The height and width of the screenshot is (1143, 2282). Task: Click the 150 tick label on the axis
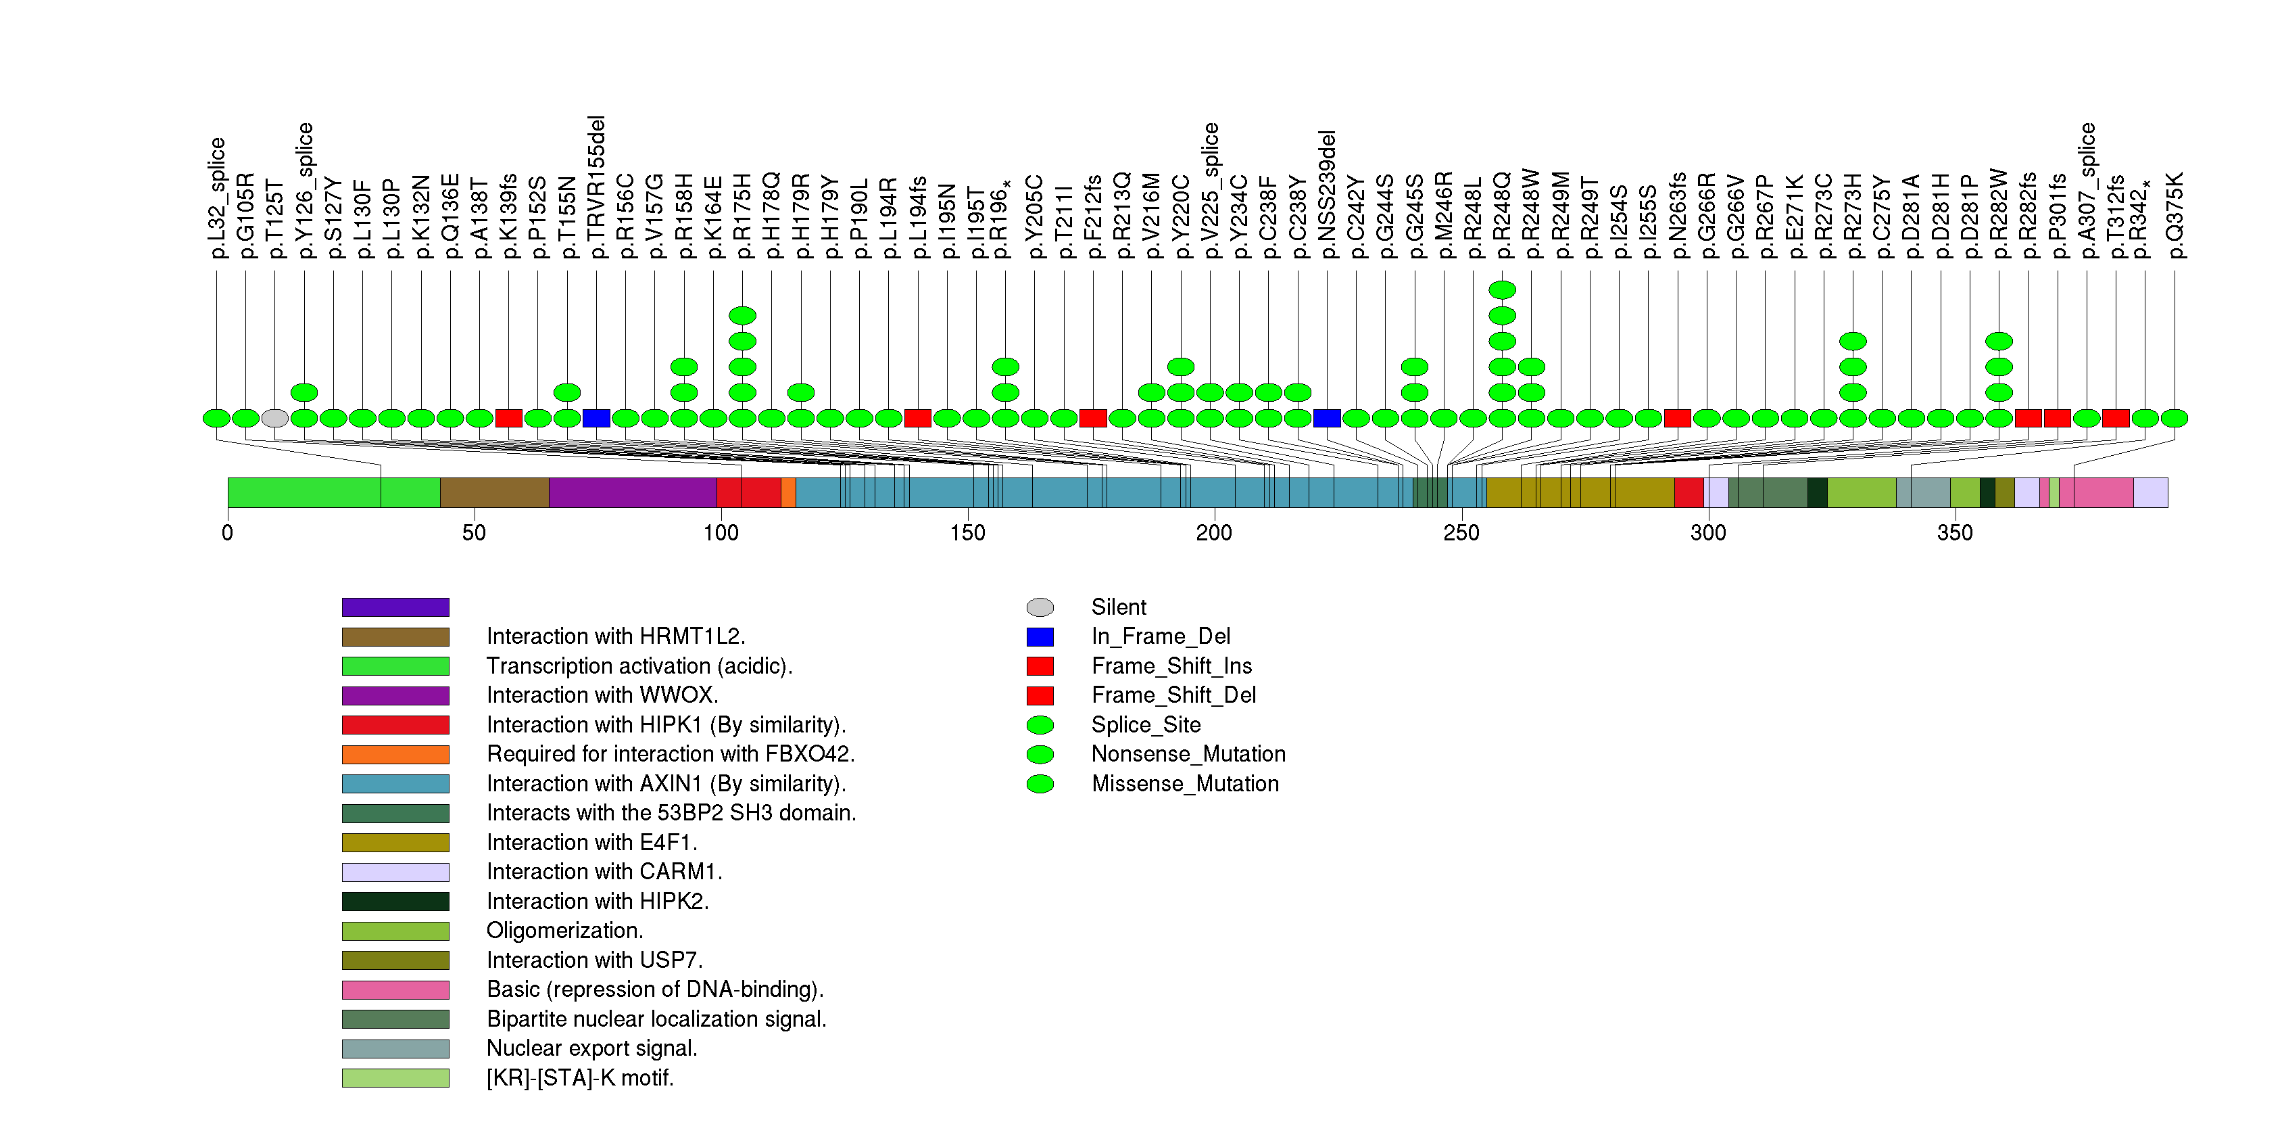click(x=967, y=532)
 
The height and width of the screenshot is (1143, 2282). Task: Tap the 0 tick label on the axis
click(x=228, y=532)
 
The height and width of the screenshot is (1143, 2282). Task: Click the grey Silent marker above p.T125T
click(x=274, y=418)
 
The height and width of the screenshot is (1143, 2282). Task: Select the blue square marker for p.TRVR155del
click(x=596, y=418)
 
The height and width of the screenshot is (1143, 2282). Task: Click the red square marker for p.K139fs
click(x=508, y=418)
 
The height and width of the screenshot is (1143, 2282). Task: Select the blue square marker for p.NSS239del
click(x=1326, y=418)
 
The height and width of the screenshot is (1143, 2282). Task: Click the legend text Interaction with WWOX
click(x=602, y=695)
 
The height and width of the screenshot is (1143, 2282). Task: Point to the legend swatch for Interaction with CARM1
click(x=395, y=872)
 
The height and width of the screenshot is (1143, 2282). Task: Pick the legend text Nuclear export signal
click(x=591, y=1048)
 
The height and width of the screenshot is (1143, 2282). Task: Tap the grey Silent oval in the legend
click(x=1040, y=607)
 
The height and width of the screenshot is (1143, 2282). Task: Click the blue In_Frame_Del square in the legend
click(x=1040, y=636)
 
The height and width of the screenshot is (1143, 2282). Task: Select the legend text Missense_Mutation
click(x=1186, y=784)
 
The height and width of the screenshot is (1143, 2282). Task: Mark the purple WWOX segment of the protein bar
click(x=633, y=492)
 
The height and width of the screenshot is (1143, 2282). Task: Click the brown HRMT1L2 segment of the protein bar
click(x=494, y=492)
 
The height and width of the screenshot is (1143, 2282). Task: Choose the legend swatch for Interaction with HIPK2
click(x=395, y=901)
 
